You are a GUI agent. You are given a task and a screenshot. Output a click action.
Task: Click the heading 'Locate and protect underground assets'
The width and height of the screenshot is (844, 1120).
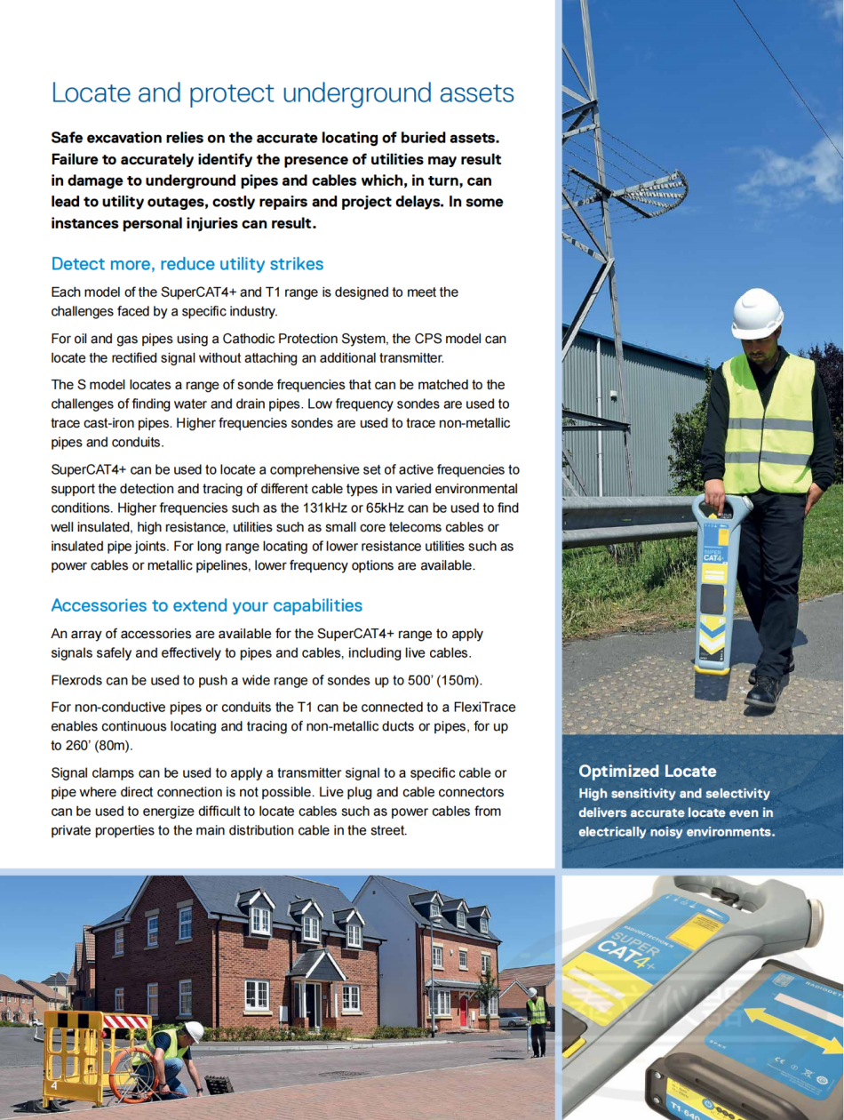click(283, 93)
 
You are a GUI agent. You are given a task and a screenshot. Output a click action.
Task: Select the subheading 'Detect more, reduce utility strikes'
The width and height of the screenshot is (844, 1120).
click(187, 264)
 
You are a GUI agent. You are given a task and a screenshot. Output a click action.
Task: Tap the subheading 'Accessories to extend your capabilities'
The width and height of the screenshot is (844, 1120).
click(206, 605)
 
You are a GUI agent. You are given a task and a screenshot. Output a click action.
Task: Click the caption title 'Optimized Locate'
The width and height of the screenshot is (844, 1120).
click(647, 771)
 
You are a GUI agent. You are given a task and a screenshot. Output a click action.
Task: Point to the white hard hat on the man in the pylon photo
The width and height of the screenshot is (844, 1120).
click(757, 313)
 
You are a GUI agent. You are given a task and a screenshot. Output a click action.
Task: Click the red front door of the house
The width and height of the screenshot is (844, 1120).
click(463, 1008)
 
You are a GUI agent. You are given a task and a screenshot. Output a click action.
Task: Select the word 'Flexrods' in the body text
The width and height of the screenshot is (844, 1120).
click(77, 680)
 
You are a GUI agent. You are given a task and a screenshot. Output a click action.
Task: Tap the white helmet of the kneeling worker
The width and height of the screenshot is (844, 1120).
click(194, 1030)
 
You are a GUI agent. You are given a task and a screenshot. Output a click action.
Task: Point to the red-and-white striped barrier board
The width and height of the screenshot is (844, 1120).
click(127, 1021)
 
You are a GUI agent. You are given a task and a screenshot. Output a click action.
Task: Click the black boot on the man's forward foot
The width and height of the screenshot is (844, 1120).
click(762, 691)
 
